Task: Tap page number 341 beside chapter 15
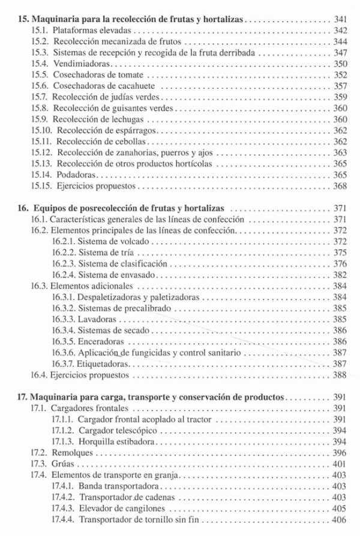coord(340,20)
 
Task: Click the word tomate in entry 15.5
coord(130,74)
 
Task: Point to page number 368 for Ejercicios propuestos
coord(340,185)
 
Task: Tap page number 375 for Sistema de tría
coord(340,253)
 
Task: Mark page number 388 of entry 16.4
coord(340,375)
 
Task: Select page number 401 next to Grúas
coord(340,463)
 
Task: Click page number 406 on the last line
coord(340,519)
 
